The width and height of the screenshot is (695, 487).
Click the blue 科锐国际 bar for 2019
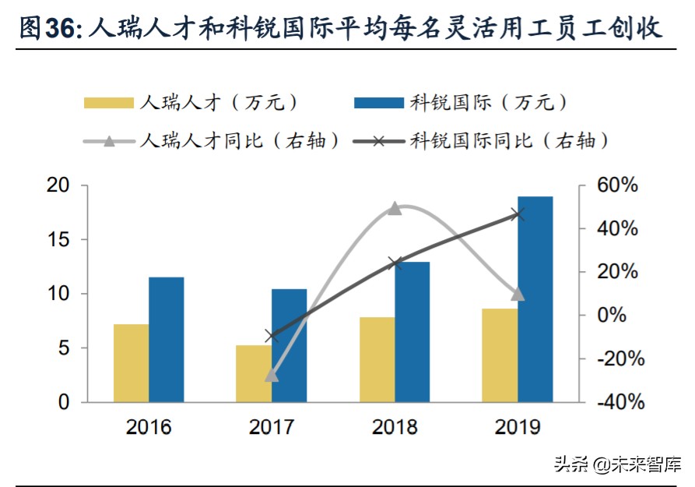[535, 299]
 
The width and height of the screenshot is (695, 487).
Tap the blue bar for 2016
[166, 340]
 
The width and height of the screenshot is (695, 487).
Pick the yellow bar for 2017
[253, 373]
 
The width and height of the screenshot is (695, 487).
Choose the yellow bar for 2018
[376, 359]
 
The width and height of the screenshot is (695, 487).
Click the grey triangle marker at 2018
[395, 208]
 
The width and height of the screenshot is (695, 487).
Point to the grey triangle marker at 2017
[271, 376]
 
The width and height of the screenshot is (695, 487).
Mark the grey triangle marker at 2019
[518, 294]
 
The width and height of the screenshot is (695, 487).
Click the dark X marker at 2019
[518, 214]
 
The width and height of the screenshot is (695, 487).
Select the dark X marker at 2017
[271, 337]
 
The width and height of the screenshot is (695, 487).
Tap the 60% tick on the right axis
[618, 186]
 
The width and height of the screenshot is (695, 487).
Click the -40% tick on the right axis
[618, 403]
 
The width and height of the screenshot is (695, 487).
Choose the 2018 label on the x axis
[395, 427]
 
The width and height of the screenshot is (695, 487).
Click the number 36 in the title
[60, 29]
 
